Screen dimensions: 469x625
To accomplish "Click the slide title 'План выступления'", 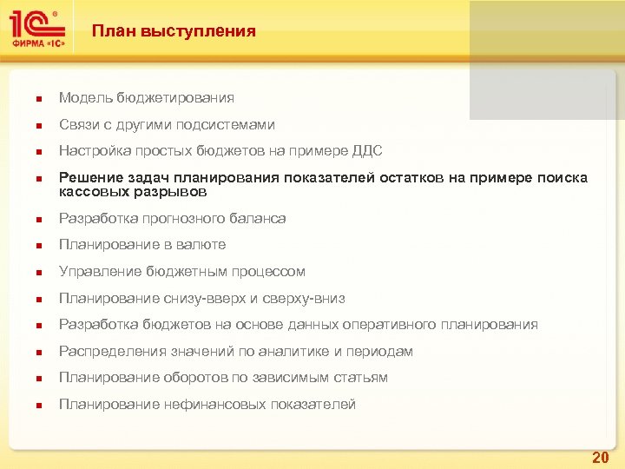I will coord(174,31).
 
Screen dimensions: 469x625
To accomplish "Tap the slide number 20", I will coord(600,457).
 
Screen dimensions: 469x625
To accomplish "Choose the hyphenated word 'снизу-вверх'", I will coord(201,298).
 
